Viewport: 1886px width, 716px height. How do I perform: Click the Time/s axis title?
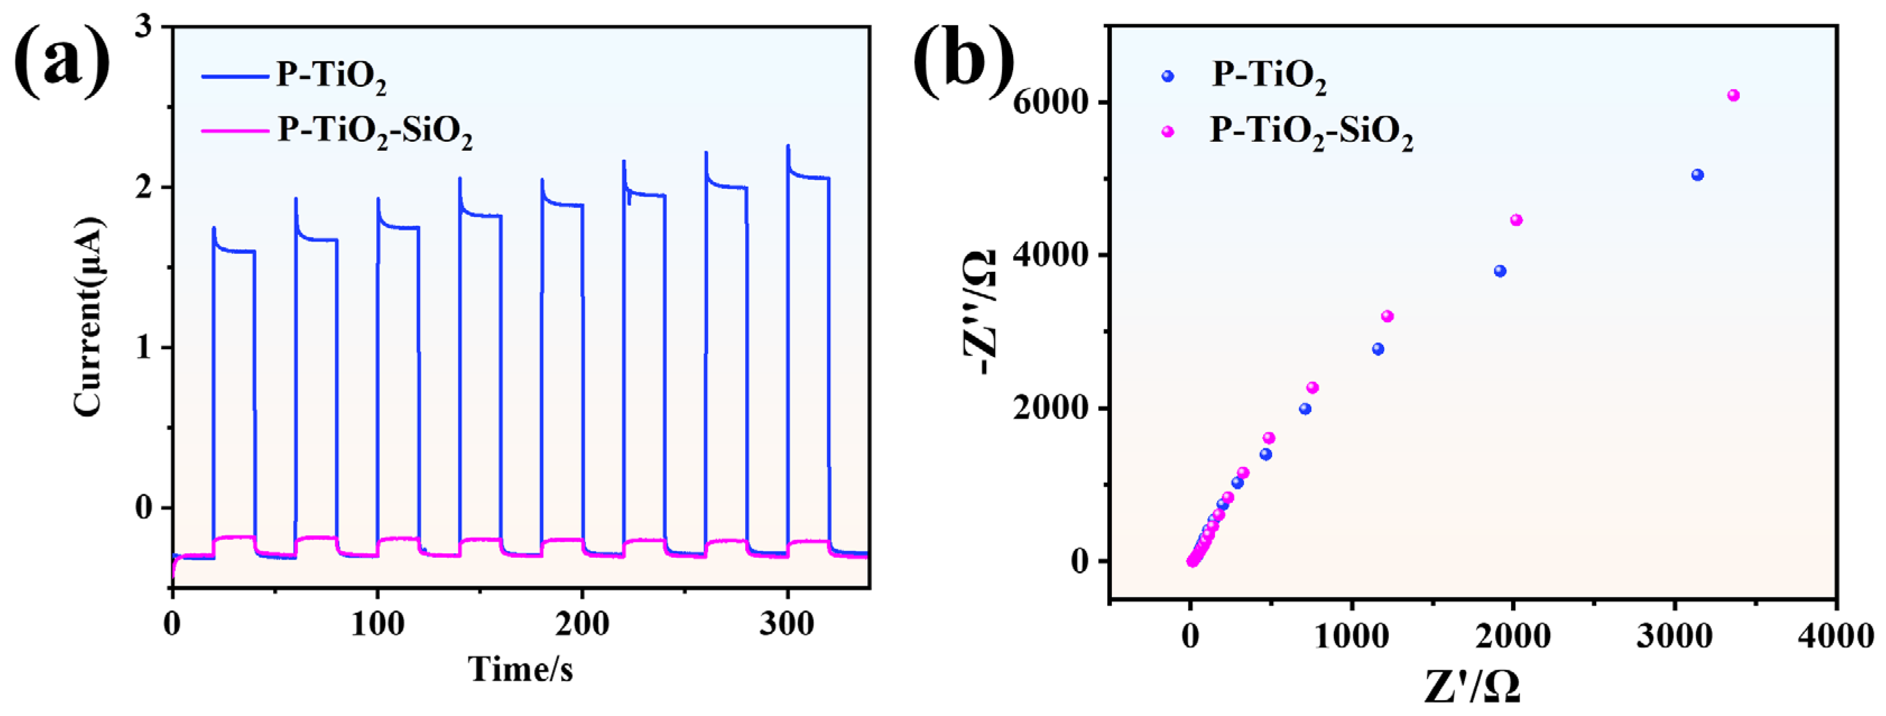[x=520, y=668]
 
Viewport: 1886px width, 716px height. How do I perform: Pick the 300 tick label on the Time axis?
[x=787, y=625]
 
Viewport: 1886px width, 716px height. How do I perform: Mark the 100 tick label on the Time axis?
[x=377, y=625]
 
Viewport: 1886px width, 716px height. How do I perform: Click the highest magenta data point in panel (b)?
[x=1733, y=95]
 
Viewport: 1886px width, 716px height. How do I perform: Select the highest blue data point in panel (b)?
[x=1698, y=175]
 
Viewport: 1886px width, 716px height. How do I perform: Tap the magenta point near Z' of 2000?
[x=1517, y=220]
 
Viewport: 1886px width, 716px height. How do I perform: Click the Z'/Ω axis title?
[x=1472, y=687]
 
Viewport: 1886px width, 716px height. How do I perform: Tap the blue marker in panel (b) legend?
[x=1168, y=76]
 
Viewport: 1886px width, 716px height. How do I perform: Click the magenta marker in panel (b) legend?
[x=1168, y=132]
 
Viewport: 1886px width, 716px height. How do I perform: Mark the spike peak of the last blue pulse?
[x=788, y=146]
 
